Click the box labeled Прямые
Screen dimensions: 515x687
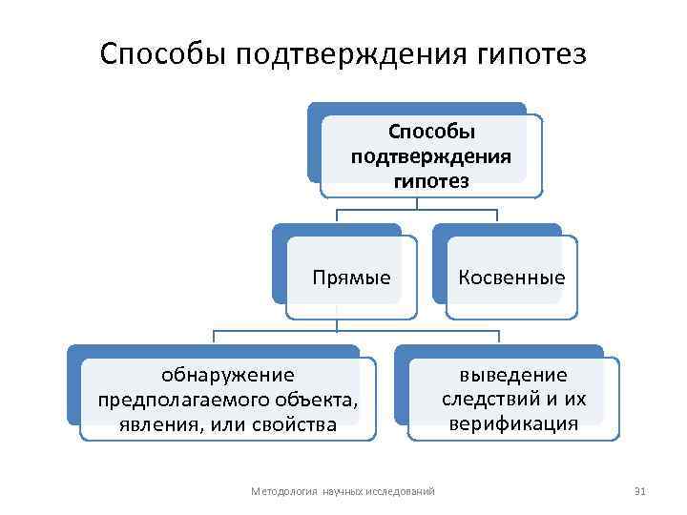(x=352, y=278)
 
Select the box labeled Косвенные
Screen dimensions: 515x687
(x=511, y=278)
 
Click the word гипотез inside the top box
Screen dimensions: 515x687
(x=432, y=180)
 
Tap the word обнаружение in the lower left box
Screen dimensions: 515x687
(x=228, y=375)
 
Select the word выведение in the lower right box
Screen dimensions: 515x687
(x=513, y=375)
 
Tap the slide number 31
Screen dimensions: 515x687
(x=640, y=491)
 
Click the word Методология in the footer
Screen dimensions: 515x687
(x=283, y=491)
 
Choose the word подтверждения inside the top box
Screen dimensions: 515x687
(x=432, y=155)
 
